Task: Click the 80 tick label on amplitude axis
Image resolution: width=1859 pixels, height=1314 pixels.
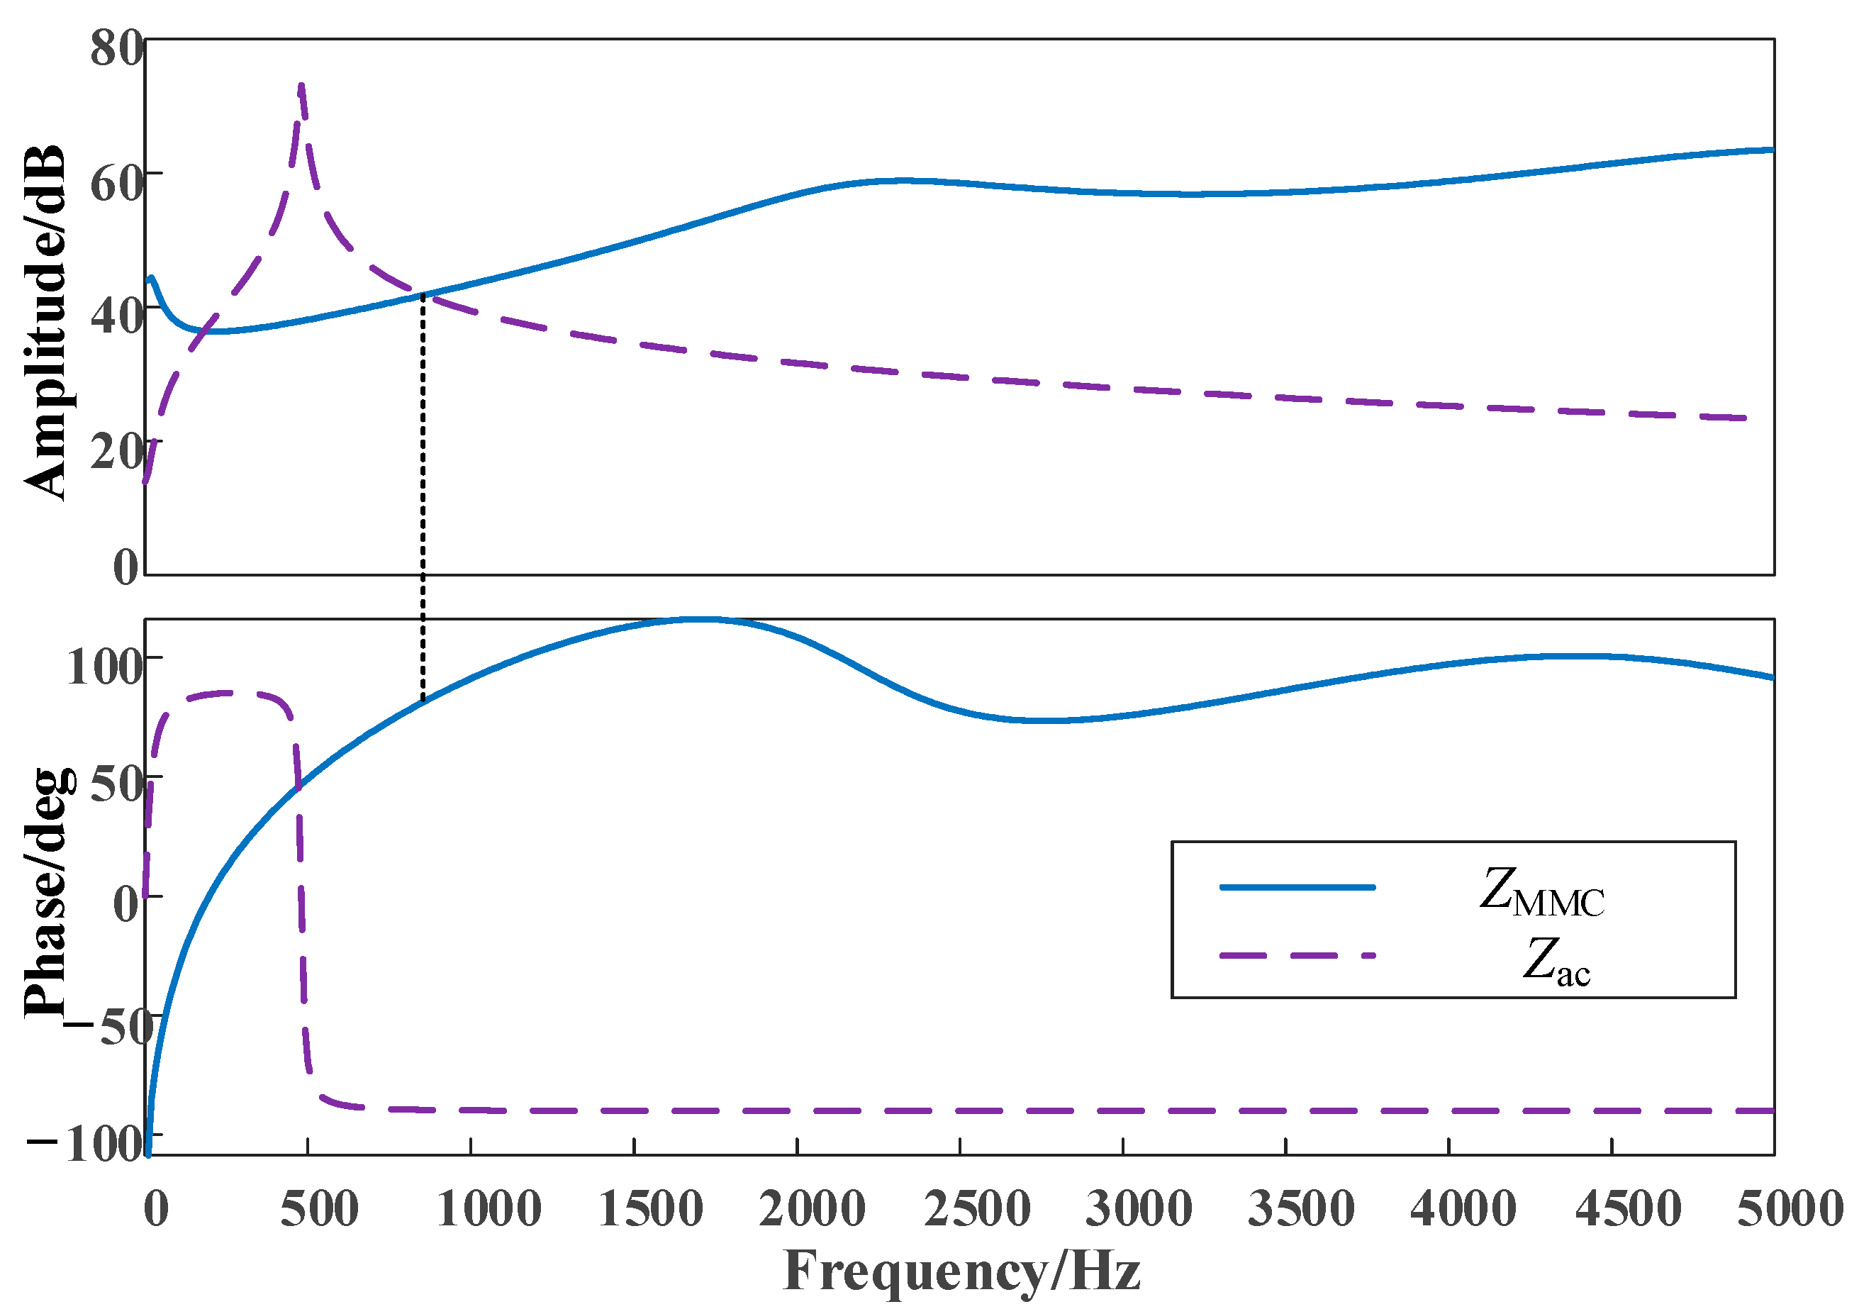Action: tap(116, 49)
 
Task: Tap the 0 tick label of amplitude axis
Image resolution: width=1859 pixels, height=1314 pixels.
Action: tap(125, 567)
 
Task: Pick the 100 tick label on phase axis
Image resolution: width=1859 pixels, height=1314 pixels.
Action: tap(104, 669)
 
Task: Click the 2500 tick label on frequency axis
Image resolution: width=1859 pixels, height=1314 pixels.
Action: tap(976, 1210)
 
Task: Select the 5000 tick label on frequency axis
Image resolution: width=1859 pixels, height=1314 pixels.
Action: tap(1790, 1210)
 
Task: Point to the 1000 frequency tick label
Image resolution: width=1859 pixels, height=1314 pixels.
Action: tap(489, 1210)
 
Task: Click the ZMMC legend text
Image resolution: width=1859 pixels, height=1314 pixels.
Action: tap(1541, 893)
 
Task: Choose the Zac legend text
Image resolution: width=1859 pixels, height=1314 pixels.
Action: tap(1556, 962)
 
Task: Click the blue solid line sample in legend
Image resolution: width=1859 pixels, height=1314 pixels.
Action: tap(1296, 887)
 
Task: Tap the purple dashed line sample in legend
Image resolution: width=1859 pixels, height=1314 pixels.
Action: tap(1296, 956)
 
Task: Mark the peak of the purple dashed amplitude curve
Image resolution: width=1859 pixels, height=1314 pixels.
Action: tap(301, 86)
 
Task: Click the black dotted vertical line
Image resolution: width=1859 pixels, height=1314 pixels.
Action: tap(423, 502)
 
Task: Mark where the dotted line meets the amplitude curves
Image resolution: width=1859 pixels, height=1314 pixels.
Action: tap(423, 295)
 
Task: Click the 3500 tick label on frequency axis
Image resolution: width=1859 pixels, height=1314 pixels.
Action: tap(1301, 1210)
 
